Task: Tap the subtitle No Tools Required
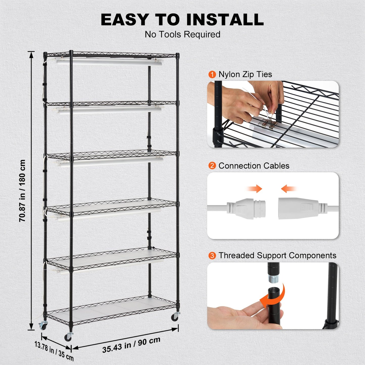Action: (x=182, y=34)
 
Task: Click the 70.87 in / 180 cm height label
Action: (x=22, y=191)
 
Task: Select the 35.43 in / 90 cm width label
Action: (x=131, y=345)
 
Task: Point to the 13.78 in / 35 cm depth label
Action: (x=54, y=351)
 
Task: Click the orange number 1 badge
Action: (x=212, y=75)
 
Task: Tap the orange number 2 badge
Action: (x=212, y=166)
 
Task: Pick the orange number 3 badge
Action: (x=212, y=256)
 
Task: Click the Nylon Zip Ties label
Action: (x=245, y=74)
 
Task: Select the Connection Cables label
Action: (x=254, y=166)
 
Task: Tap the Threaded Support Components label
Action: (x=277, y=255)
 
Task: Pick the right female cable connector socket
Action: (x=298, y=208)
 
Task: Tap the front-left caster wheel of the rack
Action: (x=68, y=337)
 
